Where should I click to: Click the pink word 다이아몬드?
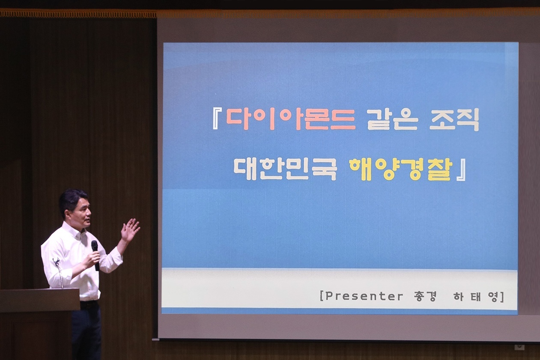point(291,119)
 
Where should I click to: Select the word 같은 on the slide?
point(392,119)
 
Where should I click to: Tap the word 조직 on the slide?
point(454,120)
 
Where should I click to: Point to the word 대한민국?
point(285,170)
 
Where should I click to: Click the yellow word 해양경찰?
point(401,170)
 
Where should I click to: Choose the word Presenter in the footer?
point(364,296)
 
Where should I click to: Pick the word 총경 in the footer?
point(425,296)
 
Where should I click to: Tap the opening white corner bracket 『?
point(217,118)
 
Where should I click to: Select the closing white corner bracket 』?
point(461,170)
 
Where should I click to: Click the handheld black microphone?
point(95,255)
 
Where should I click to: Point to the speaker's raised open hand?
point(129,230)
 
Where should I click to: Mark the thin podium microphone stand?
point(59,273)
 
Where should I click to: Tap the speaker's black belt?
point(89,303)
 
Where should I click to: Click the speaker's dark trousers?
point(87,333)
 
